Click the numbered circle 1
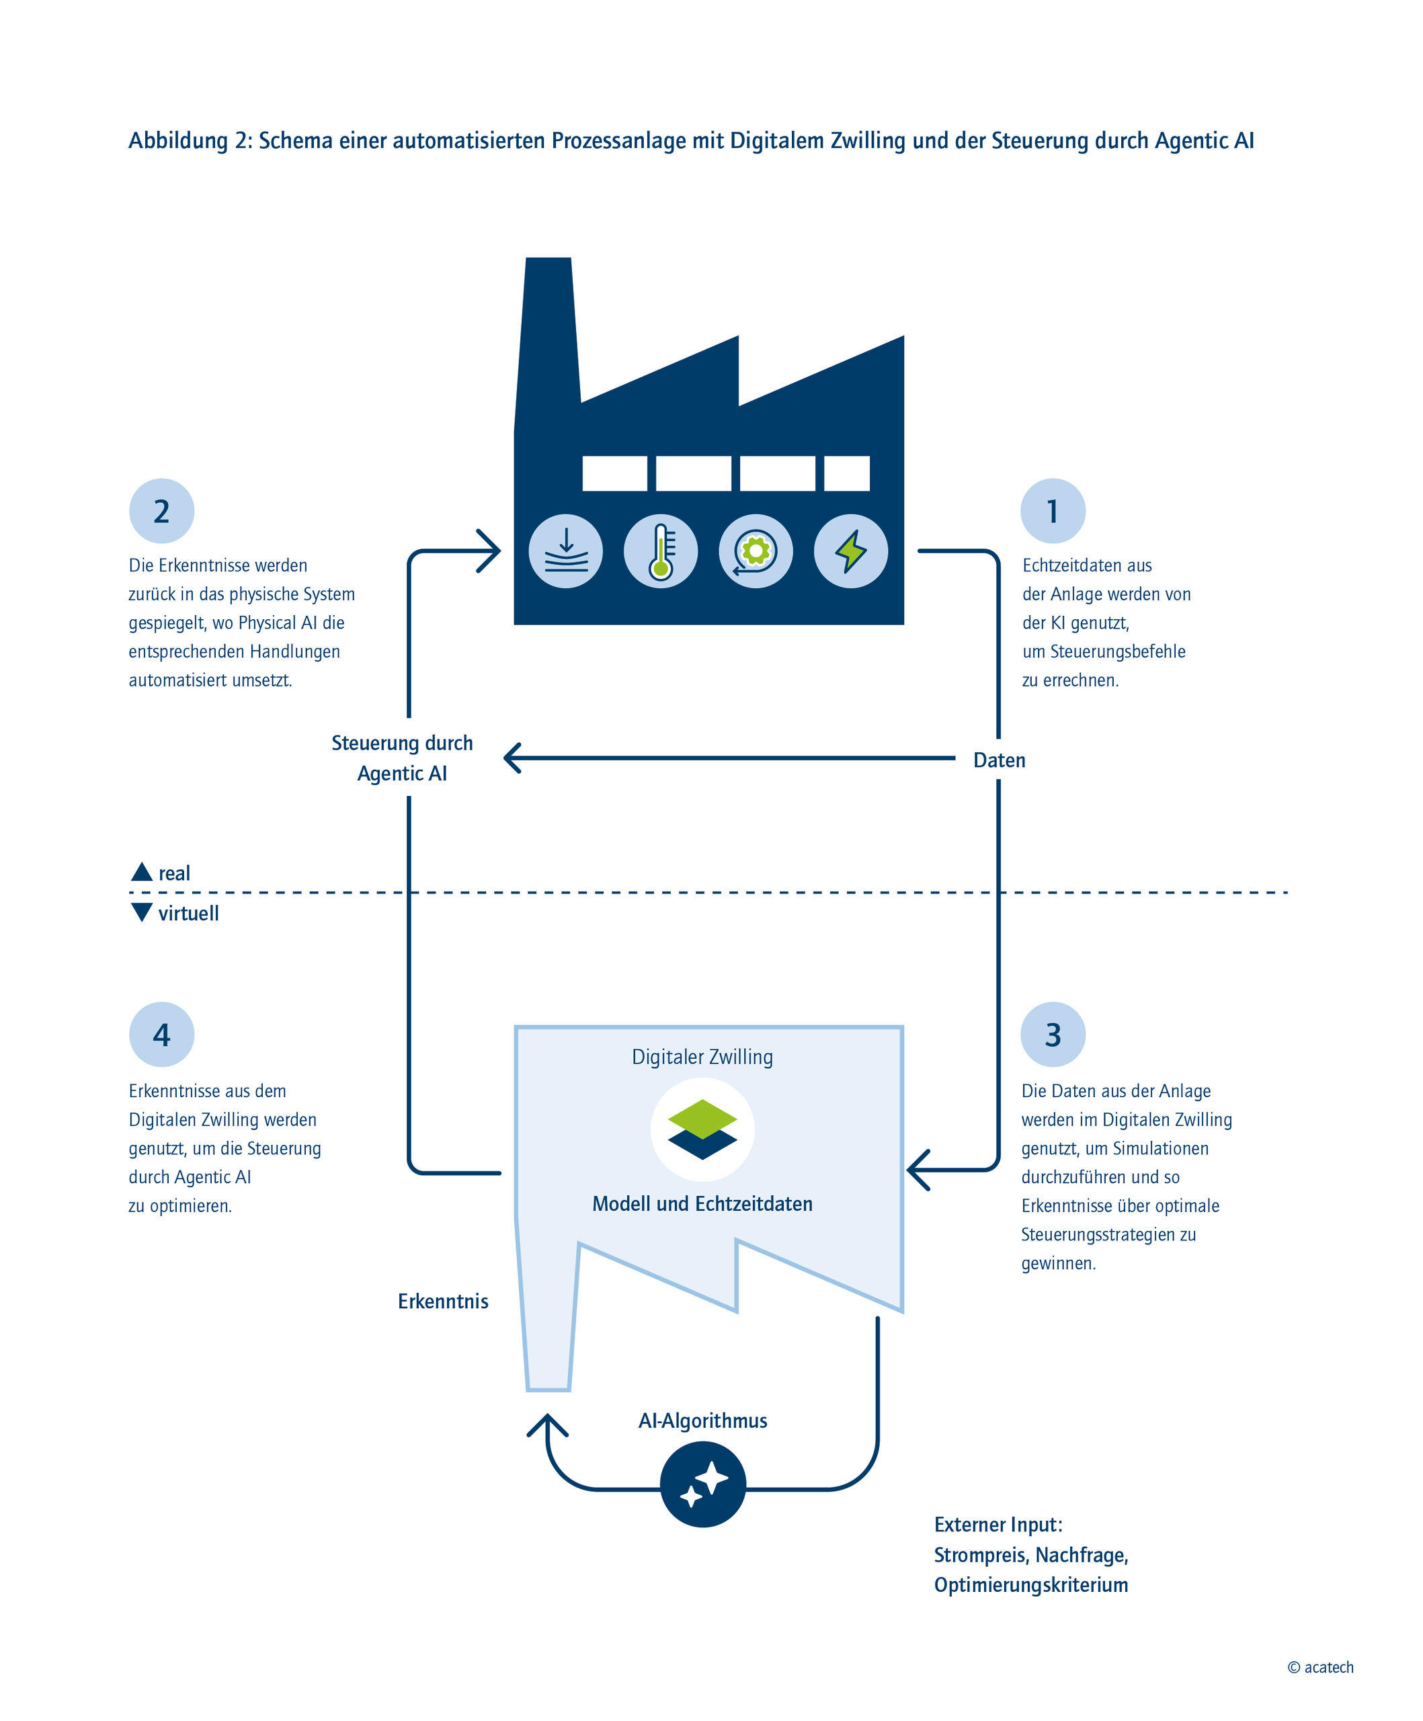coord(1052,510)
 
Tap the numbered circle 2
coord(161,510)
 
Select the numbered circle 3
coord(1052,1034)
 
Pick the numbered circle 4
coord(161,1034)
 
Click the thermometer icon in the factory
coord(660,551)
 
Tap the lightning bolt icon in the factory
coord(850,551)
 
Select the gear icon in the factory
coord(756,551)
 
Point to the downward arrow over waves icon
coord(565,551)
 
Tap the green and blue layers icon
coord(702,1129)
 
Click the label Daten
coord(999,760)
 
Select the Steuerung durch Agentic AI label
coord(401,758)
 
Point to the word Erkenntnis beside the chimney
coord(442,1301)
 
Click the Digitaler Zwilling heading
coord(702,1056)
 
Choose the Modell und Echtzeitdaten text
coord(702,1203)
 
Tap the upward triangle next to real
coord(142,871)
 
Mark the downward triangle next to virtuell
coord(142,912)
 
